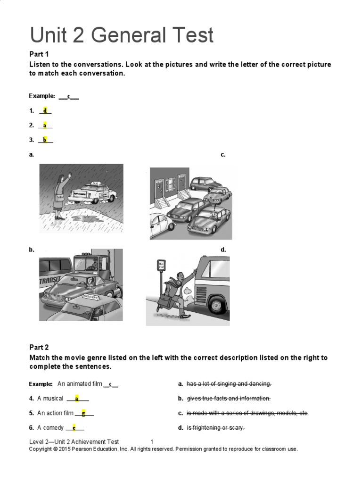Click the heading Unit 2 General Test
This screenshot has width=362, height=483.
122,35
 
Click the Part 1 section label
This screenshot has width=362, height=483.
39,54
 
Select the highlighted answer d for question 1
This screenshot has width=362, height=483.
45,110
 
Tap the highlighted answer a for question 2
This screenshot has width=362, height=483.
45,125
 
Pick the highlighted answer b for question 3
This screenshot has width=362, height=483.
45,140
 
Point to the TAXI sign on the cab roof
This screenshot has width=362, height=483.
95,183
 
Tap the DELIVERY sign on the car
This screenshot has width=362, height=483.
93,296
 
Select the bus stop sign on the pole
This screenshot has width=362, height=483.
162,265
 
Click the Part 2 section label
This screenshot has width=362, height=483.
39,348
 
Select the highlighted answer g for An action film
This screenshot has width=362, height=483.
83,413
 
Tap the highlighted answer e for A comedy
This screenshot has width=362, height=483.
74,428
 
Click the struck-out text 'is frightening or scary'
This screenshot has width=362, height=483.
216,428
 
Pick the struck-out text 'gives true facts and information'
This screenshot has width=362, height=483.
229,399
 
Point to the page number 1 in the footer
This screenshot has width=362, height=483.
152,442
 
